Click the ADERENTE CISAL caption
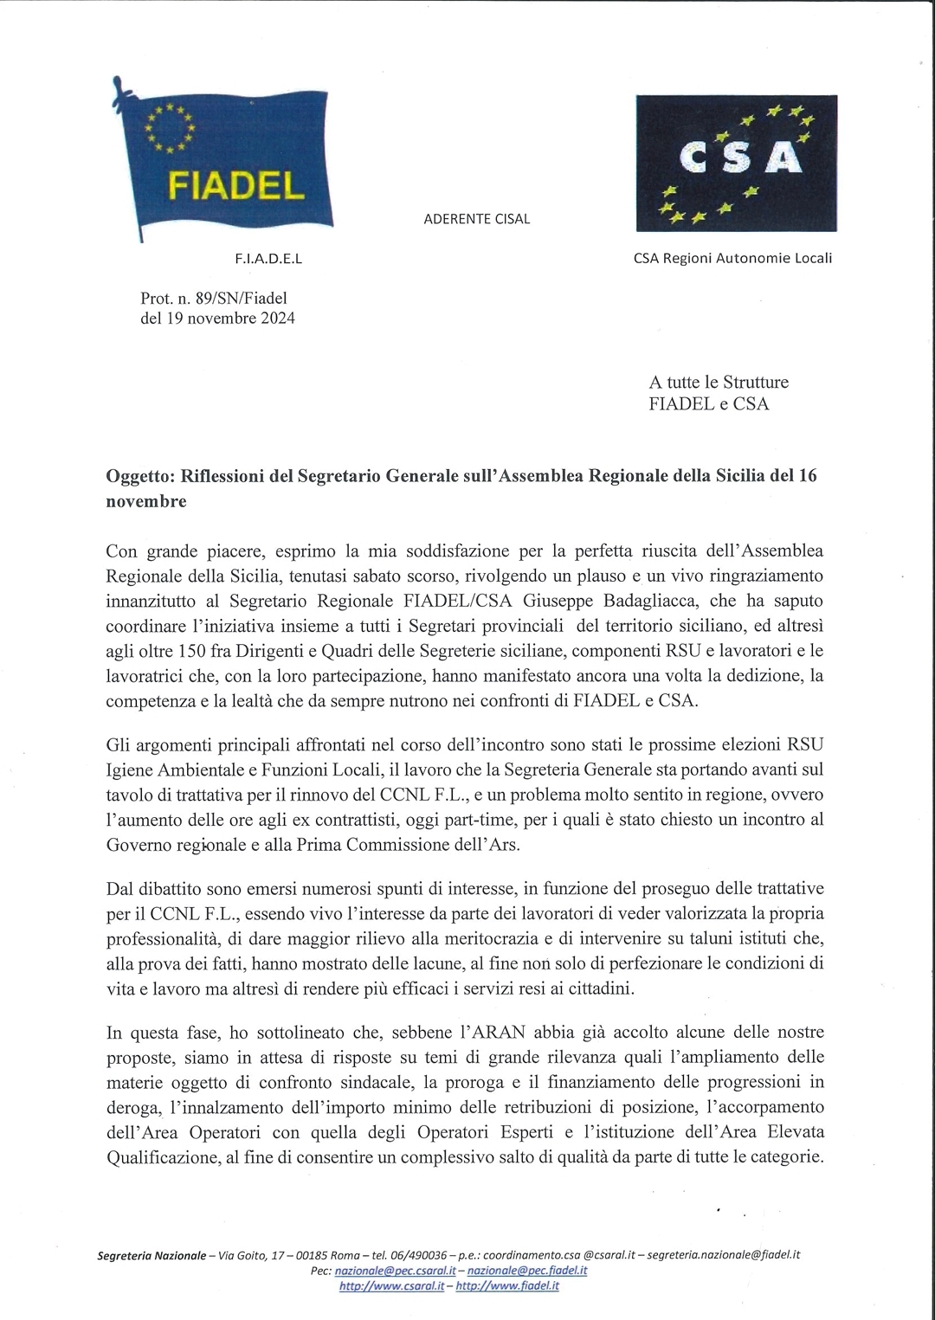point(476,219)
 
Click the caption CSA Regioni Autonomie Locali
point(732,258)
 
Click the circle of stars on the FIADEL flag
point(170,128)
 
